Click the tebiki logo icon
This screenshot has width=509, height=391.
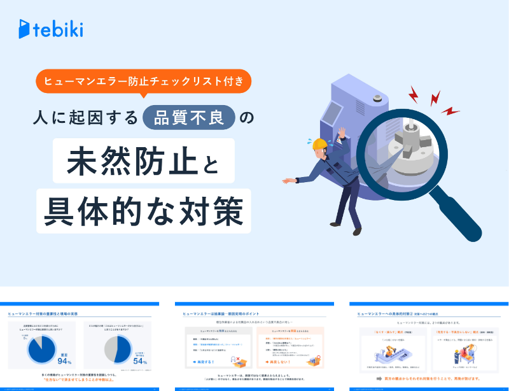coord(25,29)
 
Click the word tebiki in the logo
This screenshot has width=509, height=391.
coord(59,29)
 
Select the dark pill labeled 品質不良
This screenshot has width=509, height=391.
coord(190,117)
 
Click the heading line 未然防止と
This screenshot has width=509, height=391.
coord(144,159)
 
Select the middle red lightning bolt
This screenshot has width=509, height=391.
coord(435,98)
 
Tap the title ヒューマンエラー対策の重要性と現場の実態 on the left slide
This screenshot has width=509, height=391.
coord(44,314)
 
